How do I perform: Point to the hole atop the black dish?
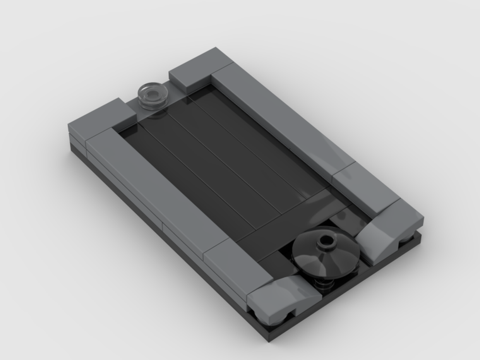[327, 237]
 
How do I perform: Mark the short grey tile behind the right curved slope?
[365, 190]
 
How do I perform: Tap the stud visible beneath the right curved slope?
[406, 238]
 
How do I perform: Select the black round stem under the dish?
[326, 283]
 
